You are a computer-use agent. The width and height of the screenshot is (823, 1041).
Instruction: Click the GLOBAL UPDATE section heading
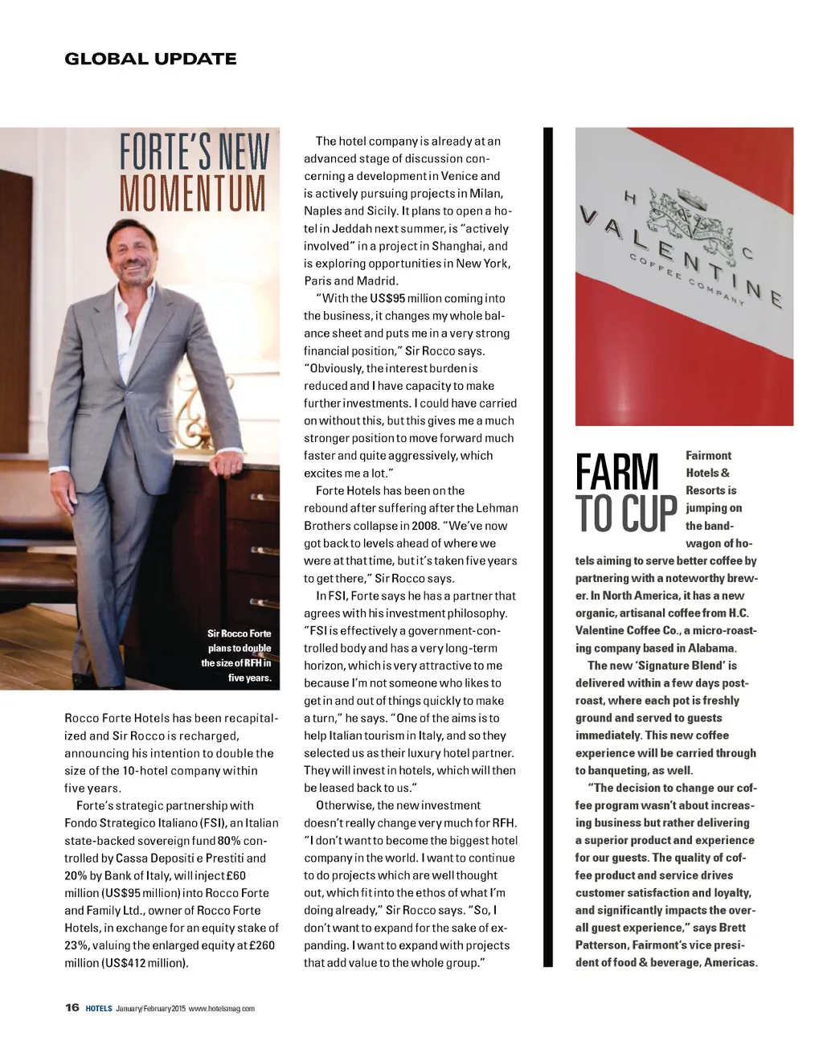150,59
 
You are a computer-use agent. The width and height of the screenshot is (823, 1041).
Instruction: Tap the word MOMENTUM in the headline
193,192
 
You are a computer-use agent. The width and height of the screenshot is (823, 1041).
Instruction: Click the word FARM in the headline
617,472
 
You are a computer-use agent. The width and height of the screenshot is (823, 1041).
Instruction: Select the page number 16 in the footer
72,1007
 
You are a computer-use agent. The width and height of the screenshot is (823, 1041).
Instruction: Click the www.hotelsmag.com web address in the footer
222,1008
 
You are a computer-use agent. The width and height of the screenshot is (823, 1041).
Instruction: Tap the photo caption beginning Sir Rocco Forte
238,655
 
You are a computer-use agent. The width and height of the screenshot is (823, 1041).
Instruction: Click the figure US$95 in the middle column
387,298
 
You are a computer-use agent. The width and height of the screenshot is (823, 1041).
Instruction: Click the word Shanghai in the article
458,246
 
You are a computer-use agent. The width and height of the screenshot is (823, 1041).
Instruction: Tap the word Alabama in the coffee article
711,648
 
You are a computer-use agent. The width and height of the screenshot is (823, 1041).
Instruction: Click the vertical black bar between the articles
549,547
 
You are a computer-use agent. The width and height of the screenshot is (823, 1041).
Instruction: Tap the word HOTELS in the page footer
99,1008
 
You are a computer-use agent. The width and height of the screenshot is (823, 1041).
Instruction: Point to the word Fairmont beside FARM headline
708,455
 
